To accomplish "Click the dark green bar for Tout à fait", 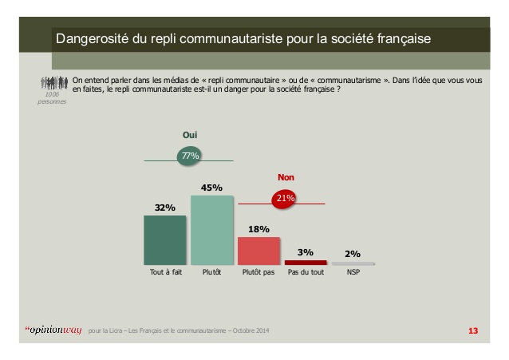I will pos(164,239).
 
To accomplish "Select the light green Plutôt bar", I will pos(211,230).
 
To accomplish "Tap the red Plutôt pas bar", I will pos(258,251).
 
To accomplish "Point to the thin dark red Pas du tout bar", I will pos(306,262).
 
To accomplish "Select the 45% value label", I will pos(211,188).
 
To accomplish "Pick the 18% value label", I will pos(258,229).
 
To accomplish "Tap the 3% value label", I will pos(306,252).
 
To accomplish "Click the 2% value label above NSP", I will pos(353,253).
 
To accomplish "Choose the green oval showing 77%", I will pos(190,156).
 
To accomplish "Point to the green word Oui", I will pos(190,136).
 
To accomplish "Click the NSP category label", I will pos(353,273).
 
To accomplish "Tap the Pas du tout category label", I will pos(306,273).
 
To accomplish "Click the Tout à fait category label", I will pos(165,273).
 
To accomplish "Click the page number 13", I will pos(472,330).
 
